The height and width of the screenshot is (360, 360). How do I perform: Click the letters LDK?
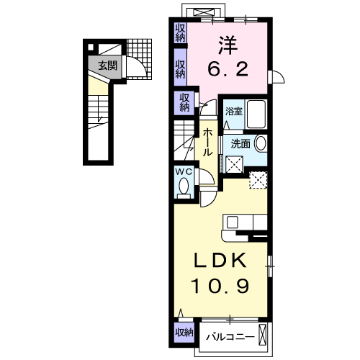coord(222,260)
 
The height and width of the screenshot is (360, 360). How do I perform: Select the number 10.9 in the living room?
coord(222,285)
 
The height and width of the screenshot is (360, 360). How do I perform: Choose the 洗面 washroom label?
coord(240,143)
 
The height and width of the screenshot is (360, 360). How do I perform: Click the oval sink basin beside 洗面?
coord(261,143)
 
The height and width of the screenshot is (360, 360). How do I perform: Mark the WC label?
coord(183,171)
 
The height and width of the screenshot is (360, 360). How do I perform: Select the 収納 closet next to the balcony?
coord(183,332)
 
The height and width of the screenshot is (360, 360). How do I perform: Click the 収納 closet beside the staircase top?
coord(184,102)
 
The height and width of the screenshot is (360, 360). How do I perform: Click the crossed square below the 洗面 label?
coord(234,163)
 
